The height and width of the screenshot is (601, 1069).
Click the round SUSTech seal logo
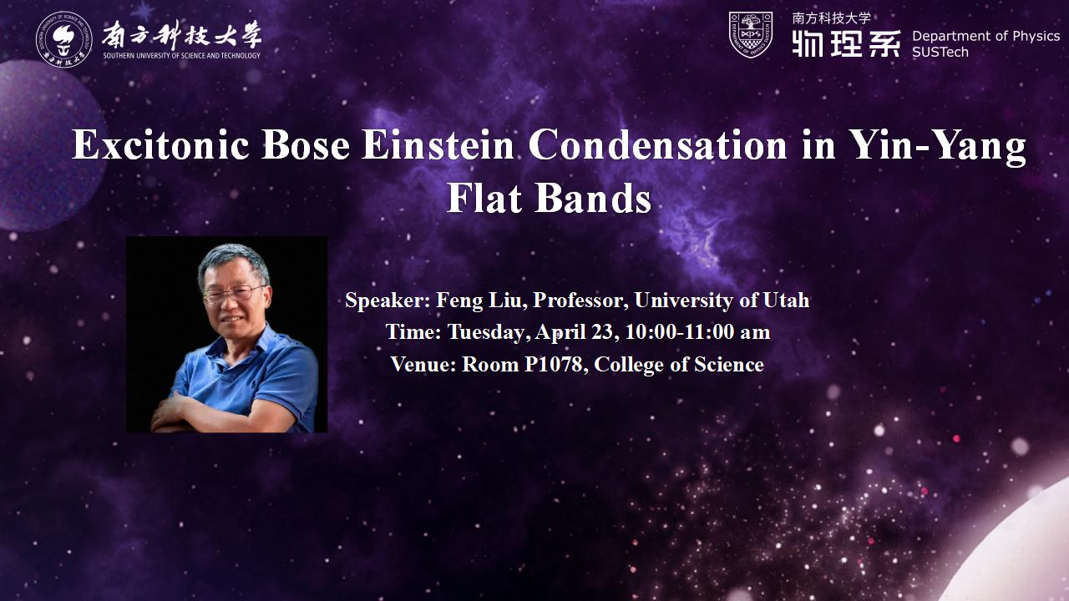pos(64,39)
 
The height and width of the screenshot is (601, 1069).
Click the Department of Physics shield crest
pos(751,35)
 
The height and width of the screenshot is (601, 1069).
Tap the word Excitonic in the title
pos(160,144)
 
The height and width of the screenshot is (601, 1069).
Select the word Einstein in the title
pos(438,144)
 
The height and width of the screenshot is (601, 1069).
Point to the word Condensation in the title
pos(658,144)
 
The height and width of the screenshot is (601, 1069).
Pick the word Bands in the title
pos(593,198)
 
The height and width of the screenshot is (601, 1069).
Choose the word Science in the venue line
pos(729,365)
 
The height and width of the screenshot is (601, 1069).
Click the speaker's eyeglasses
pos(233,295)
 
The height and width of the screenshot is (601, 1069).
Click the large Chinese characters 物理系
pos(847,43)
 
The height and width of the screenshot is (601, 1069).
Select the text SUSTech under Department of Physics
pos(940,52)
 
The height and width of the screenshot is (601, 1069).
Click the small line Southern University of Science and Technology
pos(182,55)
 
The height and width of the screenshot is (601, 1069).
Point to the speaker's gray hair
pos(234,260)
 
